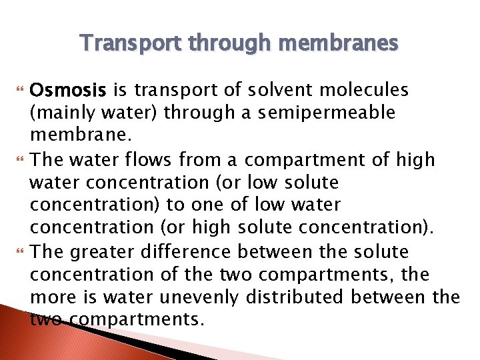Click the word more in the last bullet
[53, 298]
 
